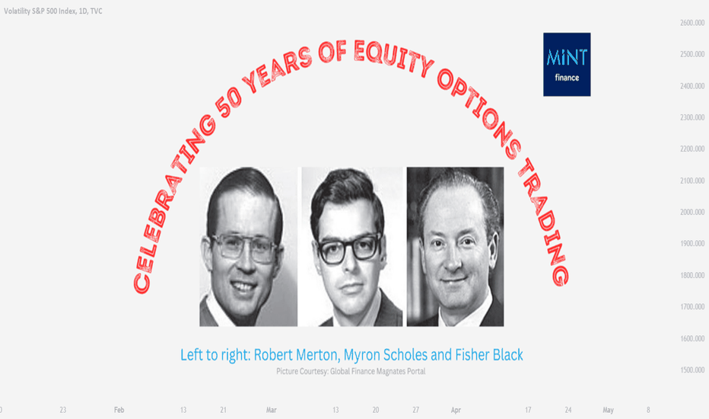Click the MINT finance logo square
tap(567, 64)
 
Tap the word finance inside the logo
tap(567, 78)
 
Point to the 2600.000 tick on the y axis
tap(692, 23)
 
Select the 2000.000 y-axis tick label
tap(692, 212)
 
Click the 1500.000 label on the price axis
tap(692, 369)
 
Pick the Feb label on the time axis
tap(119, 410)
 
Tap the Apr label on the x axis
tap(456, 410)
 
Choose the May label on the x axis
tap(608, 410)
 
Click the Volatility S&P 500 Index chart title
tap(53, 11)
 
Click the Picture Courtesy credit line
tap(351, 372)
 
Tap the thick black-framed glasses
tap(349, 248)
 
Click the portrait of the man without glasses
tap(456, 246)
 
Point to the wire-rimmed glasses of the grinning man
tap(244, 248)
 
